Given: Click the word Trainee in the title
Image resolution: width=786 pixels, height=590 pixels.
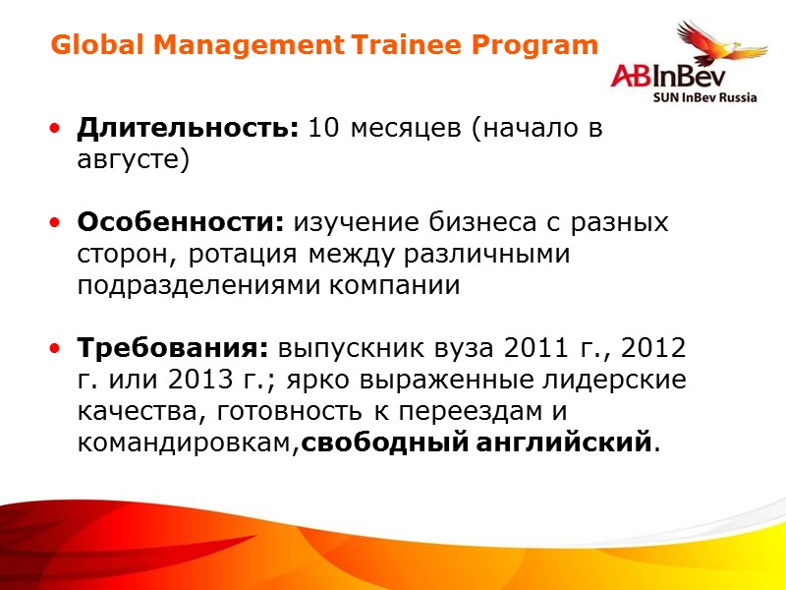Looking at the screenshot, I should (x=408, y=45).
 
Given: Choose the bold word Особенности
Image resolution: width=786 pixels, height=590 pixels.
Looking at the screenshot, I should (x=179, y=223).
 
